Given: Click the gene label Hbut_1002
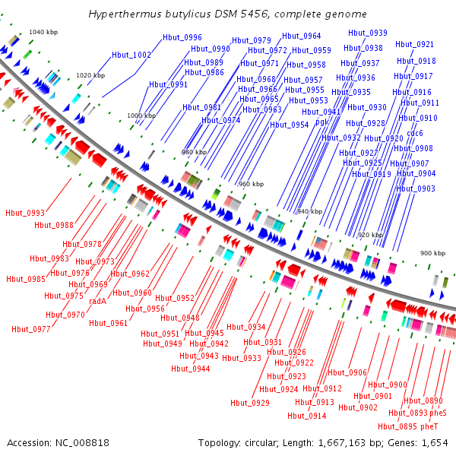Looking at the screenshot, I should (131, 55).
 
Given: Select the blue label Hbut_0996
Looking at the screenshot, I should (182, 37).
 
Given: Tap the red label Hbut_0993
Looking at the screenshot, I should (24, 213).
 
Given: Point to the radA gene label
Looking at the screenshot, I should (97, 301).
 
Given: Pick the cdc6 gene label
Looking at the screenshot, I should (415, 133).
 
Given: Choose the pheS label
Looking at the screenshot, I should (439, 413).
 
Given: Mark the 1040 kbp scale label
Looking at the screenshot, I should (43, 32).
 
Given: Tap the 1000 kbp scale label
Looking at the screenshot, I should (141, 116).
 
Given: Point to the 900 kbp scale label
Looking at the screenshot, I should (434, 252).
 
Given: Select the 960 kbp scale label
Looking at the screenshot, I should (251, 184).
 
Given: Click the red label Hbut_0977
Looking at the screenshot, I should (31, 329).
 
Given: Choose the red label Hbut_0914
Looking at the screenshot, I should (307, 416).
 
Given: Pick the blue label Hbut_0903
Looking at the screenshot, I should (416, 188).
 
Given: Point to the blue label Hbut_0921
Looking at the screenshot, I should (415, 45).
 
